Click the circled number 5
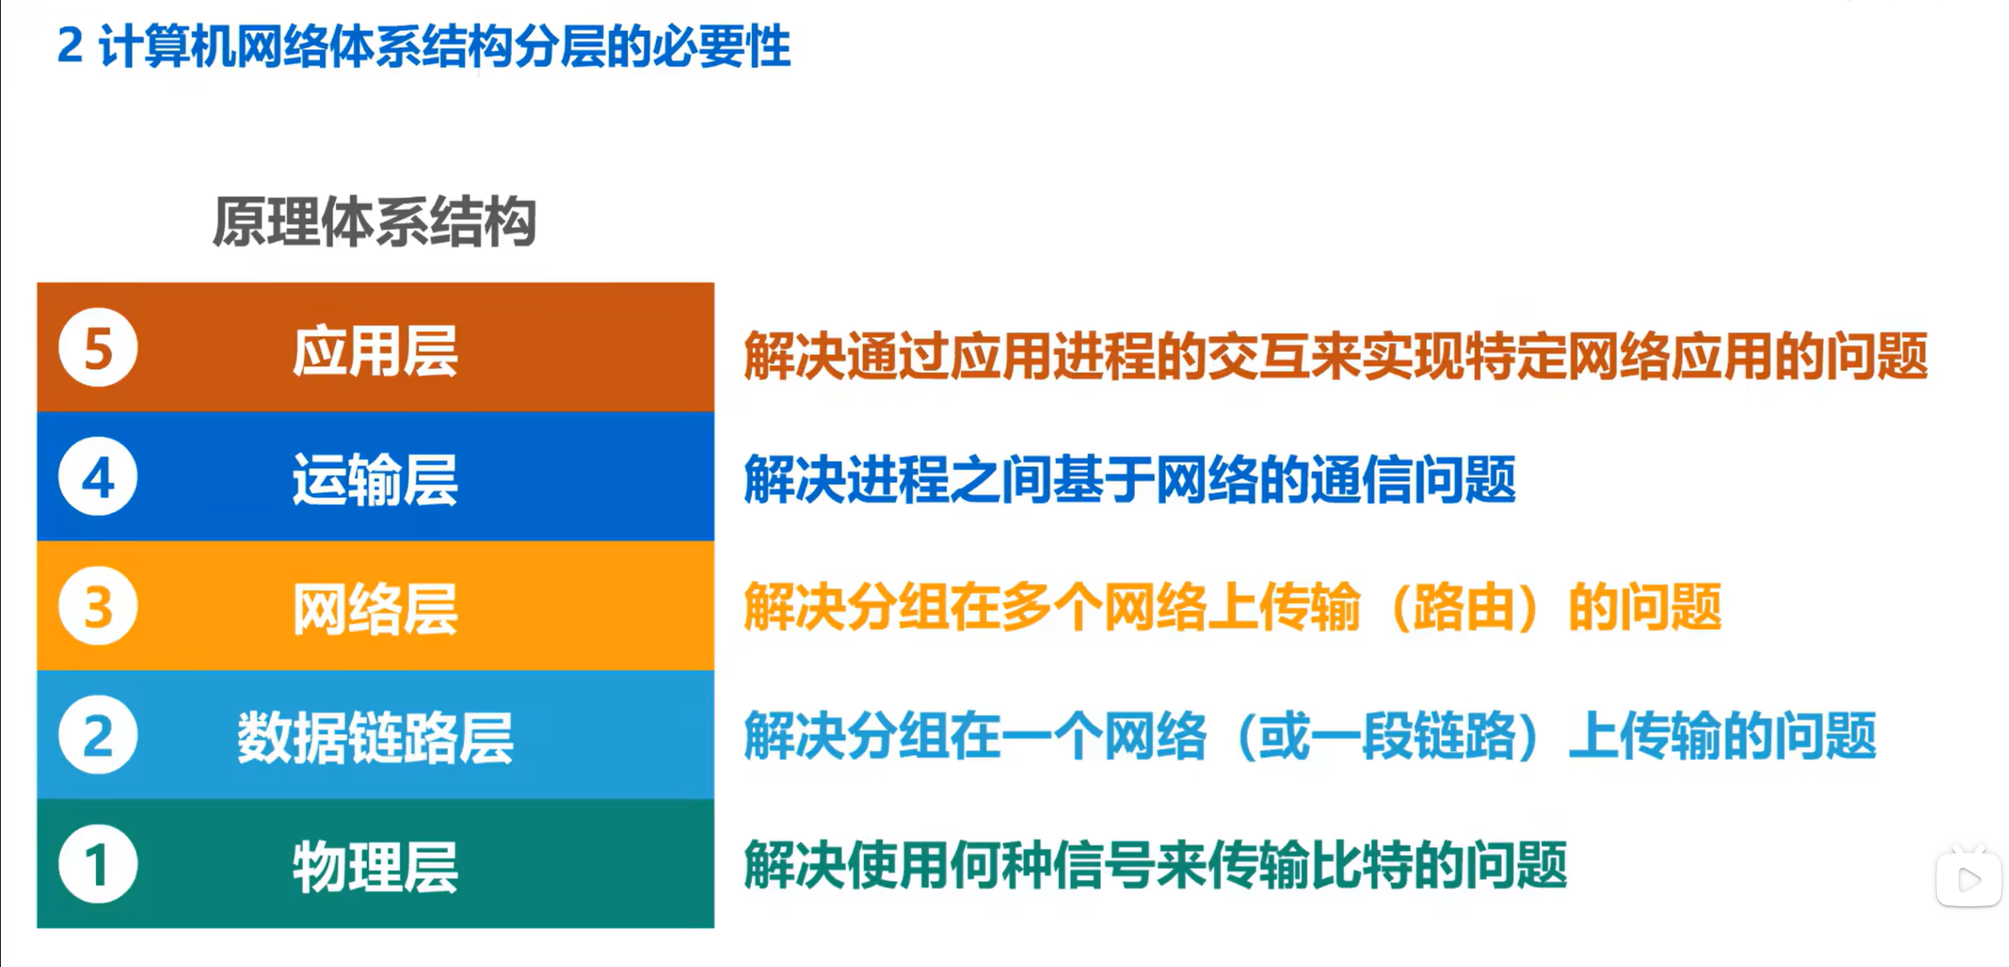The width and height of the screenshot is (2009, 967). [98, 348]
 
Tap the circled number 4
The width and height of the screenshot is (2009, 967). [98, 477]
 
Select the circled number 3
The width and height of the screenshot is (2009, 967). [98, 606]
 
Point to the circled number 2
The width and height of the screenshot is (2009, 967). [98, 735]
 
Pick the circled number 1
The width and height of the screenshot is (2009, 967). [98, 865]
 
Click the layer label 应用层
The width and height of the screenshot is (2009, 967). [375, 351]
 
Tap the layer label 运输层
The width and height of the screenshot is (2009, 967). [375, 480]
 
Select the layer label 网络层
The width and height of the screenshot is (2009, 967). [375, 609]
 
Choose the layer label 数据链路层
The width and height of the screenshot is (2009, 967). [375, 738]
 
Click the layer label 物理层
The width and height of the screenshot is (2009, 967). [375, 868]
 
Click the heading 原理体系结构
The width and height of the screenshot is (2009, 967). [374, 222]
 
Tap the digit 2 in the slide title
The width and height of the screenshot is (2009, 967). [70, 46]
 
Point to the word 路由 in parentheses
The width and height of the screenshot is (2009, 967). [1464, 608]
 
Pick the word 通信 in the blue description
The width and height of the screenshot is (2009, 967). [1361, 480]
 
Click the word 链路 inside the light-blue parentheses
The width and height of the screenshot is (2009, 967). [1464, 737]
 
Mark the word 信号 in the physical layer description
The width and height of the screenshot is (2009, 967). [1104, 865]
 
